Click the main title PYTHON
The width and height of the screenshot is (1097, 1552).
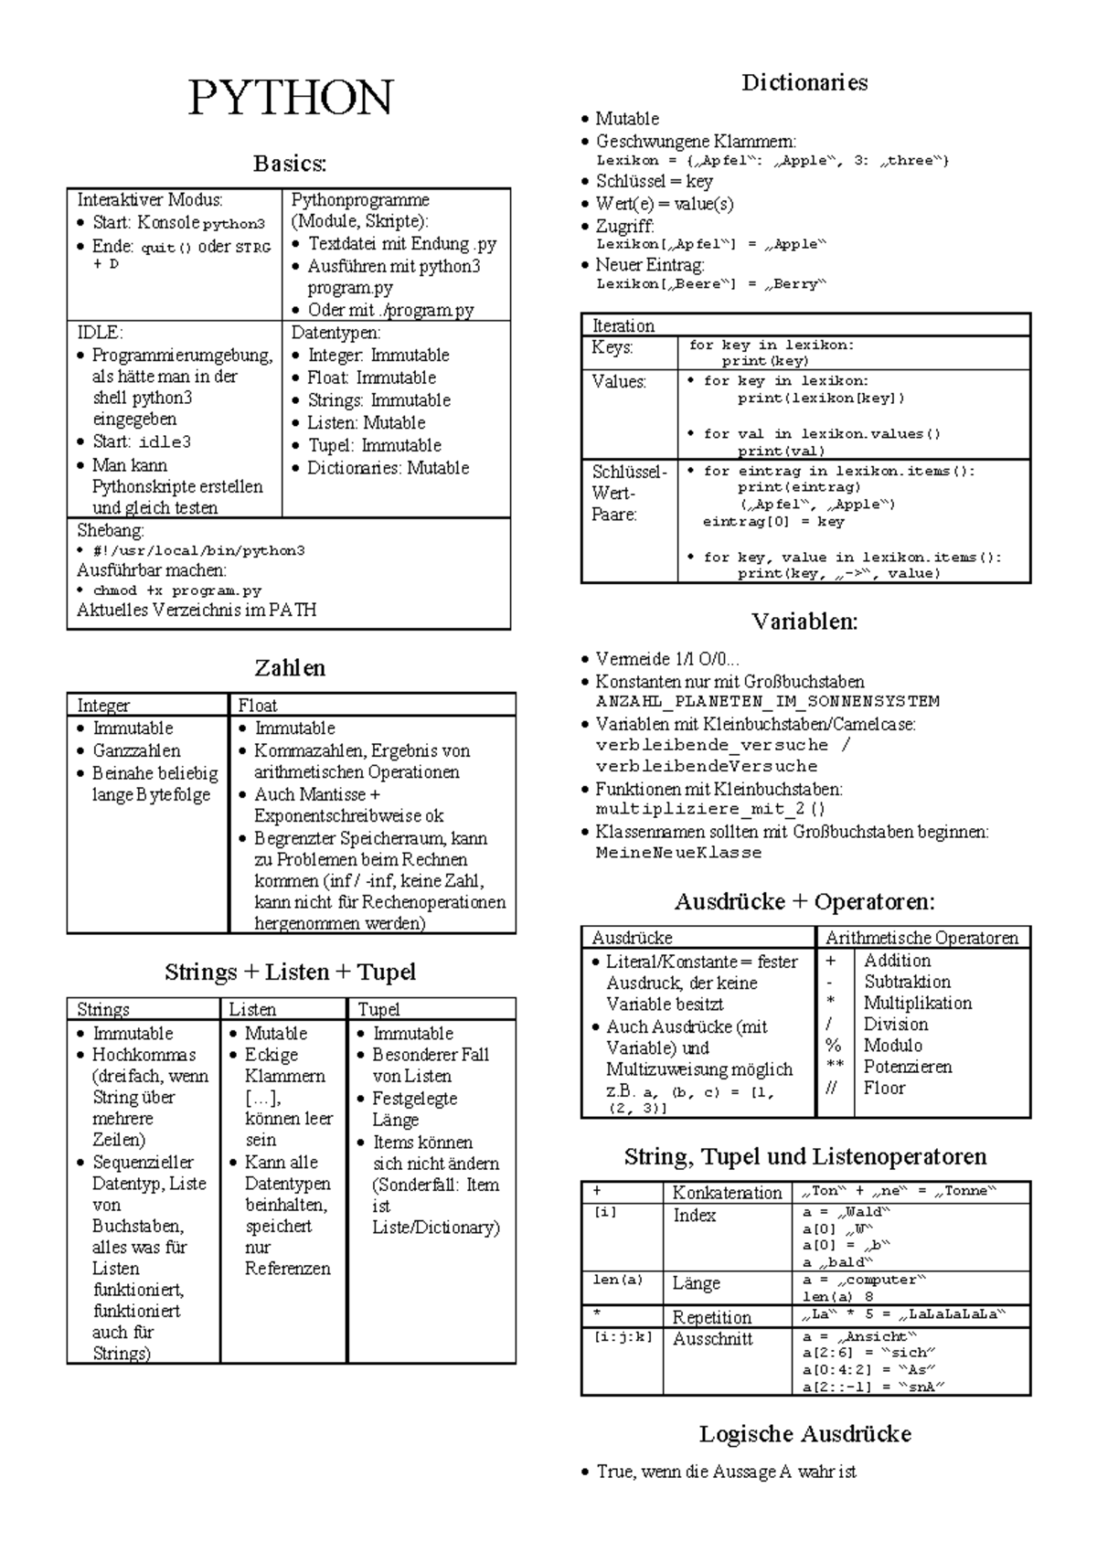(290, 99)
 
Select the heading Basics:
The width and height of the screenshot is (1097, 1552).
(290, 164)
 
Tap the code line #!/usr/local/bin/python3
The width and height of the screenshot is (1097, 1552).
(198, 551)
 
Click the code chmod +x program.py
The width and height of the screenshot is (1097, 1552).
(177, 590)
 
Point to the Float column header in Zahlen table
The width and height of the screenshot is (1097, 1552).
(258, 705)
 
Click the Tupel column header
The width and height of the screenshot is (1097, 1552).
(378, 1009)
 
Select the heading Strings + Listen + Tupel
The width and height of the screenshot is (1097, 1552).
(290, 972)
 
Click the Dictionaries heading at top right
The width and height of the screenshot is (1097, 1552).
(804, 83)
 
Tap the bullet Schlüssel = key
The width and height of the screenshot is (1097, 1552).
(654, 181)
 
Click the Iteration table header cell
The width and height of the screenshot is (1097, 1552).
(623, 325)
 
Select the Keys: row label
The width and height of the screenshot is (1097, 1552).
(612, 347)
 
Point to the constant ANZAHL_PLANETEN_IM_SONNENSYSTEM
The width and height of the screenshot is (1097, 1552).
(767, 702)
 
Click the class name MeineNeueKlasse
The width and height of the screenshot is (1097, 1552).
(678, 853)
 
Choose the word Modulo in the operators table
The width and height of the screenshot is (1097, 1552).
(892, 1046)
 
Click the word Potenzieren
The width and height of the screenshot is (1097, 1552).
(907, 1067)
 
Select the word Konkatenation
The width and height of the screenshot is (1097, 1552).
(727, 1192)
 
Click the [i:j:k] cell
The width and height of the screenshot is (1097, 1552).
(623, 1337)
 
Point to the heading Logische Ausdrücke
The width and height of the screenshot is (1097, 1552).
(804, 1434)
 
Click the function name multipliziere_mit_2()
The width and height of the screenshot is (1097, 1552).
(710, 809)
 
